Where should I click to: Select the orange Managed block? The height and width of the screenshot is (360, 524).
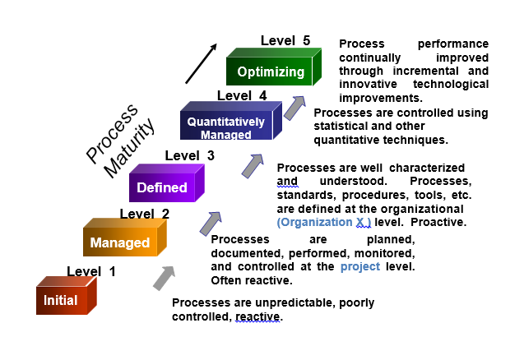click(x=120, y=242)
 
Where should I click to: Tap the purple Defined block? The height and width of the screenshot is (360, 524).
click(x=162, y=187)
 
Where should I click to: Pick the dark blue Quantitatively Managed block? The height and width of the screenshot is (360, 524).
click(x=225, y=127)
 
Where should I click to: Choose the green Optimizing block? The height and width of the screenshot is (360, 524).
click(x=270, y=72)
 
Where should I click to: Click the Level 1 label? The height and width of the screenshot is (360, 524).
click(x=91, y=271)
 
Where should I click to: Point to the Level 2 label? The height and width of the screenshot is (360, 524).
click(x=145, y=214)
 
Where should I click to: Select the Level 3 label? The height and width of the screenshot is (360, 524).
click(x=190, y=155)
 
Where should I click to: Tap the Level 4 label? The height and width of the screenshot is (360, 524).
click(x=242, y=95)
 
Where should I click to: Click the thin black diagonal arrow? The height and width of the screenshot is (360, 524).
click(x=201, y=63)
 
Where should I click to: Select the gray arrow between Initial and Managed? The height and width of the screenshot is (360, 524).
click(x=165, y=278)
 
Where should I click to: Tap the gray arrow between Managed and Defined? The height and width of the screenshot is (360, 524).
click(x=211, y=223)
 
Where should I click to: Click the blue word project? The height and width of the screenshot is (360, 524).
click(x=360, y=266)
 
